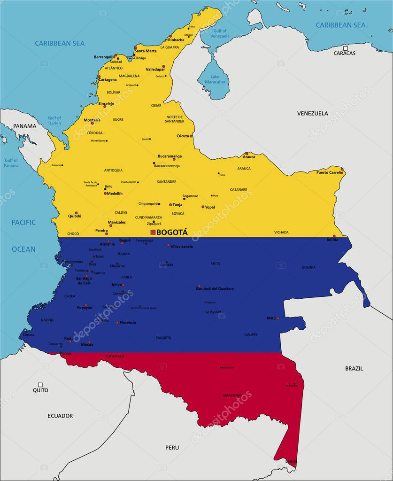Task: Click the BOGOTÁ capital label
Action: click(x=172, y=232)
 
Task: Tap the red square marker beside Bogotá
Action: click(x=153, y=232)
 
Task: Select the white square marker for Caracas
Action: click(x=345, y=48)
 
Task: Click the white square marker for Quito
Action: click(x=40, y=385)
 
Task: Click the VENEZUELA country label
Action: click(x=312, y=113)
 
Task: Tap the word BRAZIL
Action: click(x=354, y=368)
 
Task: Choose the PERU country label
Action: click(x=172, y=448)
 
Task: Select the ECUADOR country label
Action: click(x=60, y=416)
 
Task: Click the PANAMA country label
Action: click(x=24, y=126)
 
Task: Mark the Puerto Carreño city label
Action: click(x=330, y=172)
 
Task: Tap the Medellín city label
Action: click(x=115, y=193)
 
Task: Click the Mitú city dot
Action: click(x=277, y=318)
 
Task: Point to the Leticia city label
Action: click(x=291, y=461)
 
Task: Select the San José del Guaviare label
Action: click(x=215, y=288)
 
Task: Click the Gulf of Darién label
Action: click(x=54, y=120)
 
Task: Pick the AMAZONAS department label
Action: click(x=232, y=395)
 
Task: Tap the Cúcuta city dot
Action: click(x=191, y=136)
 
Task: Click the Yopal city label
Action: click(x=210, y=207)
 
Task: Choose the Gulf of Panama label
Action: click(x=11, y=163)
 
